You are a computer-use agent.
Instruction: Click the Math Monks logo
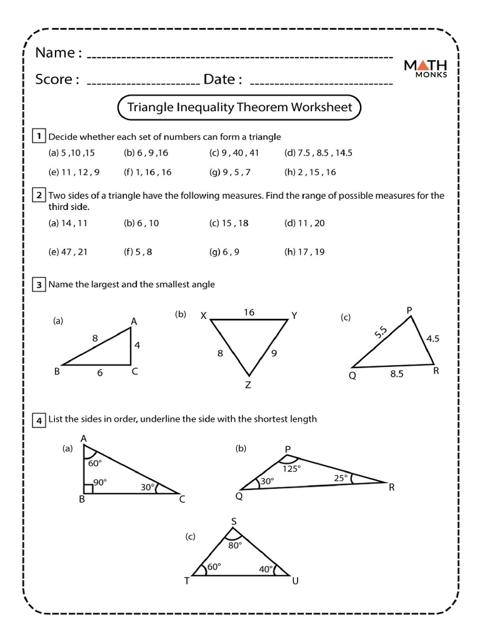[425, 68]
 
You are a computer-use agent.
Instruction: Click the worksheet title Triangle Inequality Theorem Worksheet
[239, 107]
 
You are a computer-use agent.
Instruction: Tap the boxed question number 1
[39, 136]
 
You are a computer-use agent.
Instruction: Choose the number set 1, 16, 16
[147, 172]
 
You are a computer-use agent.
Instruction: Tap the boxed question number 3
[39, 285]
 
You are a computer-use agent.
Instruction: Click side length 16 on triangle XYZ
[249, 312]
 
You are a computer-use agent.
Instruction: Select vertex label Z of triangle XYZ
[248, 385]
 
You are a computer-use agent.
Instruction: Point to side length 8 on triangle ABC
[95, 338]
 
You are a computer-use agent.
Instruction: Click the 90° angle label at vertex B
[101, 482]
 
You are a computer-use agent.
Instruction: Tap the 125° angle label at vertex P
[292, 468]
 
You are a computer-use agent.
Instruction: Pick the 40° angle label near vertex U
[265, 569]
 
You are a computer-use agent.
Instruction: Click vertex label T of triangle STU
[186, 581]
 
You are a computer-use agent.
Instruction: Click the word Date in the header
[219, 79]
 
